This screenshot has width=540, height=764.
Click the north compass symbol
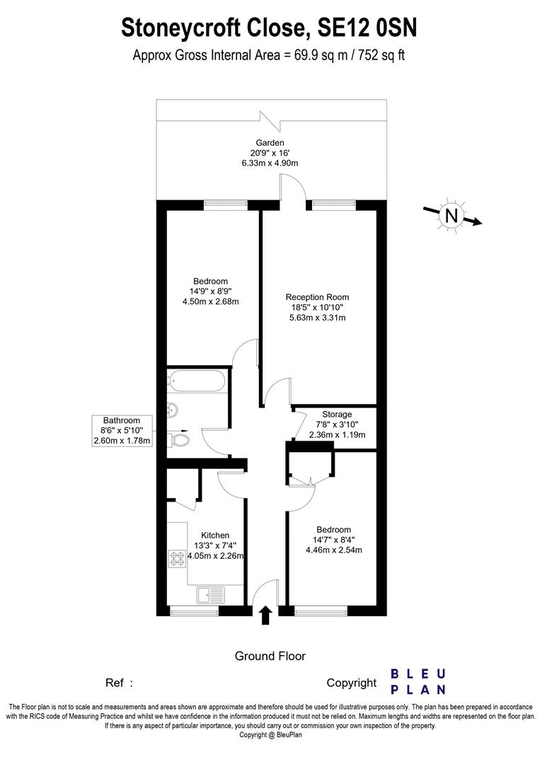click(x=451, y=215)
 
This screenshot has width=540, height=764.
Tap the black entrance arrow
click(x=265, y=615)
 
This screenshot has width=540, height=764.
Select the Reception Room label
click(x=317, y=297)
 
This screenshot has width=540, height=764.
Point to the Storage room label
click(x=337, y=415)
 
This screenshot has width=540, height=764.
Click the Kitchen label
click(x=215, y=535)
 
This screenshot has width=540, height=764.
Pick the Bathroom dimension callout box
click(x=122, y=431)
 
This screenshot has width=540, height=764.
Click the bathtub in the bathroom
click(x=198, y=382)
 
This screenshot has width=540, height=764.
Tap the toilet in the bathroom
click(x=180, y=440)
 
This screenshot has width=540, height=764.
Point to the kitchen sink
click(x=210, y=593)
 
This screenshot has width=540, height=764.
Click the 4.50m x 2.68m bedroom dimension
click(x=210, y=301)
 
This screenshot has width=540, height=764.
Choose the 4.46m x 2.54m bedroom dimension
click(x=333, y=550)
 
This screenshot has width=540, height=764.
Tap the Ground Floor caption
click(x=270, y=656)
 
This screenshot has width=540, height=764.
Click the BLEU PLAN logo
click(x=418, y=682)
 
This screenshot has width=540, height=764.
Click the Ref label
click(x=115, y=683)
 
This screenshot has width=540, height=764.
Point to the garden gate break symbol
click(x=272, y=120)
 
